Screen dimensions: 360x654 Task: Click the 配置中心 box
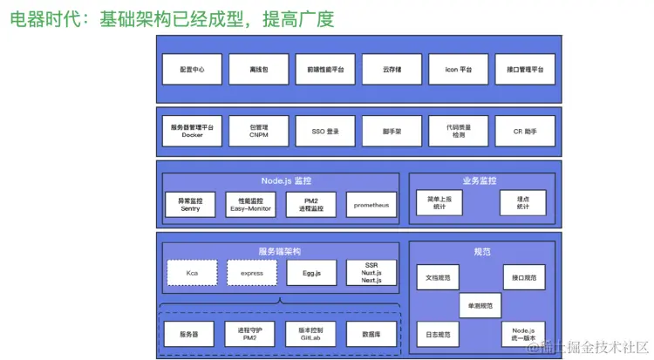[x=192, y=70]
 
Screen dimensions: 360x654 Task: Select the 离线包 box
[x=252, y=70]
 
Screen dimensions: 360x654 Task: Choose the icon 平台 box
[x=458, y=70]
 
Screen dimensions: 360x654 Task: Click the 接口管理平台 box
[x=525, y=70]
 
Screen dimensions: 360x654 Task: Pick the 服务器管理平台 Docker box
[x=192, y=132]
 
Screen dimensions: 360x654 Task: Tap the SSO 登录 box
[x=324, y=132]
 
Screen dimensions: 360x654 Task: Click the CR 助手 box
[x=525, y=132]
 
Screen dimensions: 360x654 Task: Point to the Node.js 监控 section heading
[x=285, y=181]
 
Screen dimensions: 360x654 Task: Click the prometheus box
[x=371, y=205]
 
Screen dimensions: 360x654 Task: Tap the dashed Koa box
[x=192, y=273]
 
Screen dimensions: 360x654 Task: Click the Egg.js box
[x=311, y=273]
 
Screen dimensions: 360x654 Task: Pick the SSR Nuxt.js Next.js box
[x=371, y=273]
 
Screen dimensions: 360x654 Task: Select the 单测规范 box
[x=480, y=306]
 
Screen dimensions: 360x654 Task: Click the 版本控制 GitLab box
[x=311, y=334]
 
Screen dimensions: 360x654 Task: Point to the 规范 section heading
[x=482, y=251]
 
